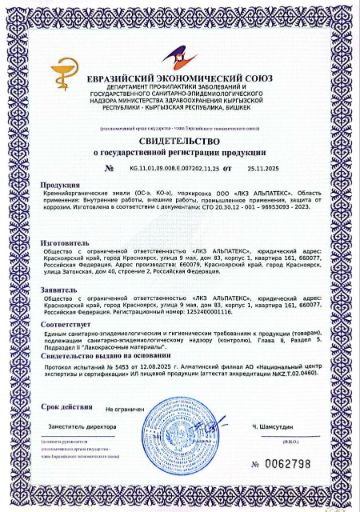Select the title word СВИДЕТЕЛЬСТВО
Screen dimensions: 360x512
[x=180, y=144]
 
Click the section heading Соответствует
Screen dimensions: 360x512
[x=66, y=324]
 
